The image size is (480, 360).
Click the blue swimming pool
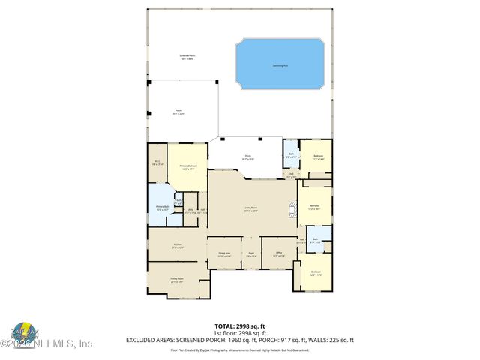(280, 64)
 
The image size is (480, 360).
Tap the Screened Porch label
(187, 57)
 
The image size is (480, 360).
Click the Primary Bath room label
(163, 208)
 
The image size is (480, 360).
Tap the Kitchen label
(177, 246)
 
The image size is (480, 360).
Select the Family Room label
(177, 280)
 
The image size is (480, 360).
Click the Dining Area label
(224, 254)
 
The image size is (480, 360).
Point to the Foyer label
(251, 254)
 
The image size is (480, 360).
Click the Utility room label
(190, 212)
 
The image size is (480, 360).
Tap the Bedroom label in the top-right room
(318, 157)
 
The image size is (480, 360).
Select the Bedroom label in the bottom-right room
(316, 273)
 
